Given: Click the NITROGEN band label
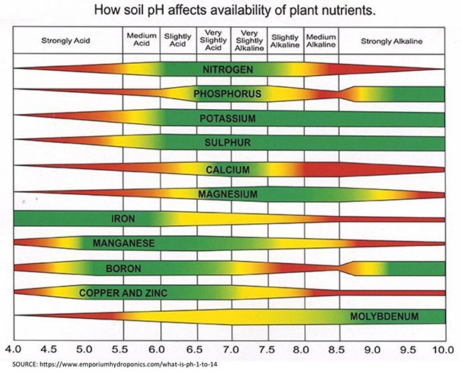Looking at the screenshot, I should coord(228,69).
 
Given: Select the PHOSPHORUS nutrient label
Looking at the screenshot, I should coord(228,94).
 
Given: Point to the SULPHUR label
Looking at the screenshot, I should coord(228,143).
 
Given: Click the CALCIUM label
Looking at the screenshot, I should coord(228,169).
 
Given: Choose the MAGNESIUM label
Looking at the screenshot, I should coord(228,193).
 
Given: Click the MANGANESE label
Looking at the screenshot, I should coord(124,243).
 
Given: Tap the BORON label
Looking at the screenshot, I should coord(124,269).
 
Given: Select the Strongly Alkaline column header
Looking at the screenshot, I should coord(391,41).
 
